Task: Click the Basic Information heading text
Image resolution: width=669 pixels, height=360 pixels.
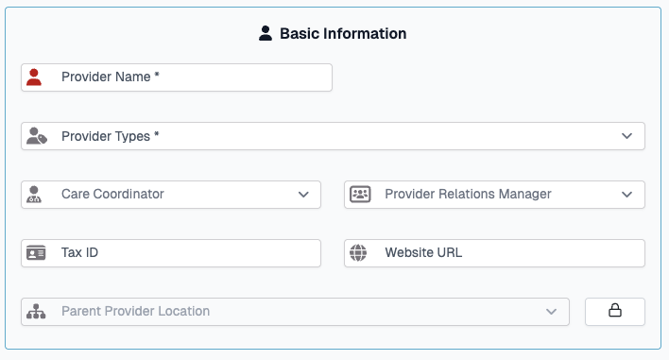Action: [x=343, y=34]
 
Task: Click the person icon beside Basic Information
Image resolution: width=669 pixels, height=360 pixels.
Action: [x=266, y=34]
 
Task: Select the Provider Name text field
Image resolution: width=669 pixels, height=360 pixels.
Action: [x=189, y=77]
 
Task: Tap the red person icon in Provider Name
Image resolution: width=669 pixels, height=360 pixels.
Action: [x=35, y=77]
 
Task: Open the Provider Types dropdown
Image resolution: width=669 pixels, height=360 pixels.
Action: [x=331, y=136]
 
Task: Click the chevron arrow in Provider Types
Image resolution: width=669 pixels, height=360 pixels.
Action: [x=626, y=136]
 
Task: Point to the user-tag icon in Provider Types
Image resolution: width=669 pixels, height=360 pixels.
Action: [x=36, y=136]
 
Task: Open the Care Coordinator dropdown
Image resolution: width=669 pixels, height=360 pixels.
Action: [x=170, y=195]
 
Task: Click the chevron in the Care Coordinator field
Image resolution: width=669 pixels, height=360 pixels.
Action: [x=303, y=195]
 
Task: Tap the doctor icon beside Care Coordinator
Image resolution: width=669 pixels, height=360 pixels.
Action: [x=35, y=195]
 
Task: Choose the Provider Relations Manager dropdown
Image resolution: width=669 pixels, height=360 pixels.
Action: [x=491, y=195]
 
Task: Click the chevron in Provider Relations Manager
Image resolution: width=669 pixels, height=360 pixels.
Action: [x=626, y=195]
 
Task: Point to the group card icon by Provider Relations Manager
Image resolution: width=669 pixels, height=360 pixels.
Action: [x=359, y=195]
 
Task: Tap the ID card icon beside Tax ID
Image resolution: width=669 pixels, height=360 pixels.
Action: [x=36, y=253]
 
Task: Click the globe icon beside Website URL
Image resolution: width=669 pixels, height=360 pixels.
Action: [x=358, y=253]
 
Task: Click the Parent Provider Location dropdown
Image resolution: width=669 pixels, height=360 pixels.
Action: [x=302, y=312]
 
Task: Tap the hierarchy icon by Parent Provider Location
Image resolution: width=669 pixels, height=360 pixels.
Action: [x=36, y=312]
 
